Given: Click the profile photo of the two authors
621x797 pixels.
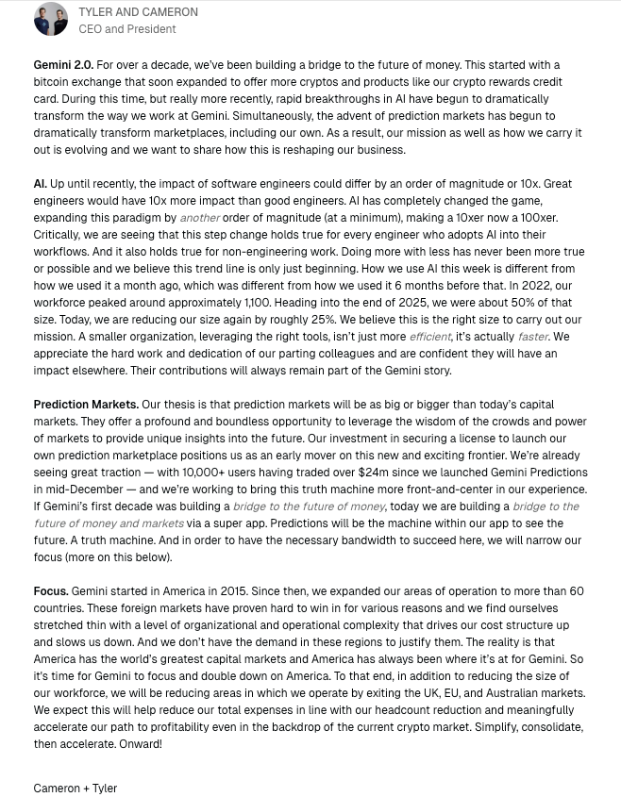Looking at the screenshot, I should [x=51, y=20].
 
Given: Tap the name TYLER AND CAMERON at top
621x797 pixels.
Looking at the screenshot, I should [x=138, y=12].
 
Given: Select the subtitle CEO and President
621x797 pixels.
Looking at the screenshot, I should [x=126, y=29].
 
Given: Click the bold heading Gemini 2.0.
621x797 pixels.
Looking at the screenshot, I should [x=63, y=65].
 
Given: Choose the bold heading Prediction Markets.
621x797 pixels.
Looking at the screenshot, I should [x=86, y=405].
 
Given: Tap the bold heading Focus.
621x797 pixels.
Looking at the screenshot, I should [x=51, y=591].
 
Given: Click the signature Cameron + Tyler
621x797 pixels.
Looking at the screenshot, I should [x=76, y=788].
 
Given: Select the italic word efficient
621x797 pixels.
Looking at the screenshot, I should [x=430, y=337].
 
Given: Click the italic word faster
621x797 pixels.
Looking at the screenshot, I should [x=532, y=337].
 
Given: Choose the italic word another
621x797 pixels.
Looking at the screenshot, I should [x=200, y=218].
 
